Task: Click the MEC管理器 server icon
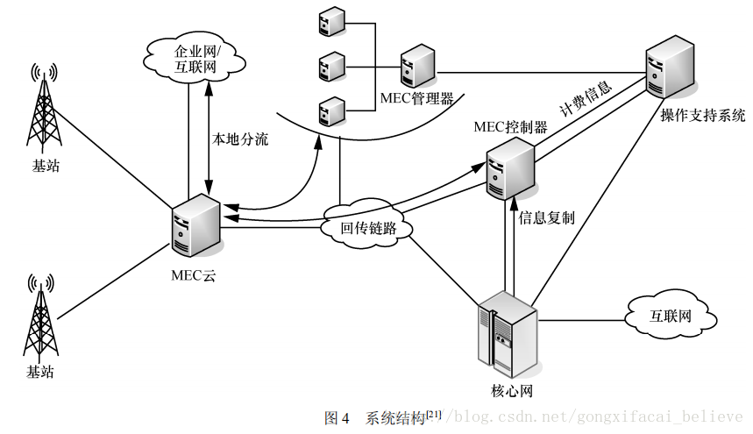(417, 69)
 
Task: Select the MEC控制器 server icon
(511, 167)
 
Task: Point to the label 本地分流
(240, 139)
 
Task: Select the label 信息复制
(547, 217)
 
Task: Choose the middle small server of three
(330, 66)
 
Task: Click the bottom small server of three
(330, 110)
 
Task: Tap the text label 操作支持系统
(702, 116)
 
